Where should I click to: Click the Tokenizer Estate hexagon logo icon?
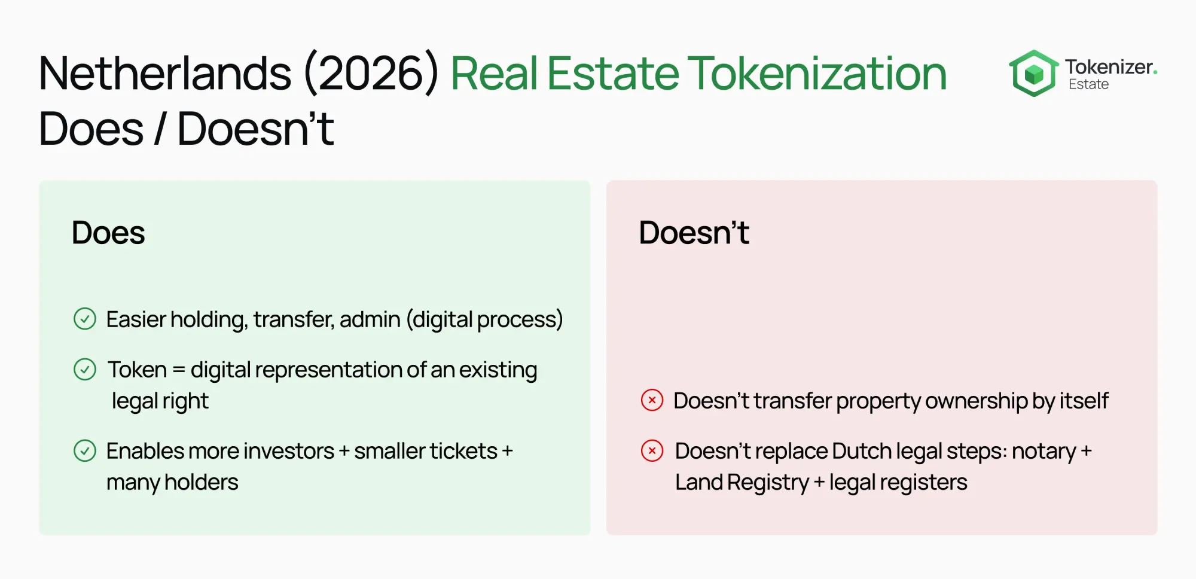pyautogui.click(x=1033, y=74)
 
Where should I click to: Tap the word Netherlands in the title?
pyautogui.click(x=165, y=74)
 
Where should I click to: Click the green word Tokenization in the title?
pyautogui.click(x=817, y=74)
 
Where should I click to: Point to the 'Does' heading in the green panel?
pyautogui.click(x=108, y=233)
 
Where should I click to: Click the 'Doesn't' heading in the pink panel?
pyautogui.click(x=694, y=233)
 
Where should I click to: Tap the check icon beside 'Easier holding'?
pyautogui.click(x=85, y=319)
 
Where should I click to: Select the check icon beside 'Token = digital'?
pyautogui.click(x=85, y=370)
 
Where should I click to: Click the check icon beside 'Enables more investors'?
pyautogui.click(x=85, y=451)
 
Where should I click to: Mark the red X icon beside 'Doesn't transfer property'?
pyautogui.click(x=652, y=400)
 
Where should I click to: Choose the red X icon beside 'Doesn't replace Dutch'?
pyautogui.click(x=652, y=450)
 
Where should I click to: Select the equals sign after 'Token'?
pyautogui.click(x=179, y=370)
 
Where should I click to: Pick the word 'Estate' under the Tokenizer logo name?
pyautogui.click(x=1088, y=84)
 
